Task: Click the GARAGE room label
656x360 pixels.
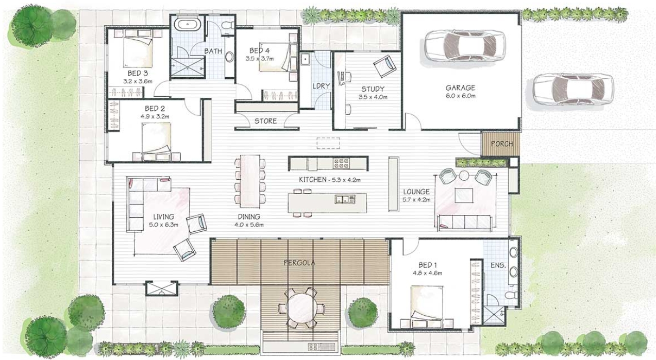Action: [x=460, y=88]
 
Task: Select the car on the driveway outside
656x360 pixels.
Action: [x=573, y=89]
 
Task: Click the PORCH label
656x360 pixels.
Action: [x=502, y=144]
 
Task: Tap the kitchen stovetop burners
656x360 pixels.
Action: [x=341, y=163]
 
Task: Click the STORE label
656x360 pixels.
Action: [x=265, y=121]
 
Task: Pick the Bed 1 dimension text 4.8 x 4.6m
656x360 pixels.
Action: [x=427, y=273]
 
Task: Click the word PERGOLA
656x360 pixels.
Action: [x=299, y=263]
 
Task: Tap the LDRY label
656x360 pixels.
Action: [x=321, y=86]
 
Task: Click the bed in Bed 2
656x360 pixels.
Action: [x=156, y=141]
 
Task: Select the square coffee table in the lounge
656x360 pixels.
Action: [x=464, y=195]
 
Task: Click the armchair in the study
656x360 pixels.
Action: [x=385, y=66]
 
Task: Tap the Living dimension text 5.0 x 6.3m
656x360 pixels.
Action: [x=163, y=225]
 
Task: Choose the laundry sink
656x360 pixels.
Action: [x=305, y=59]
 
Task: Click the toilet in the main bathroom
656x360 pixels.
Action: [x=227, y=25]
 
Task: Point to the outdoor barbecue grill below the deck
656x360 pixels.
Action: [x=321, y=347]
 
